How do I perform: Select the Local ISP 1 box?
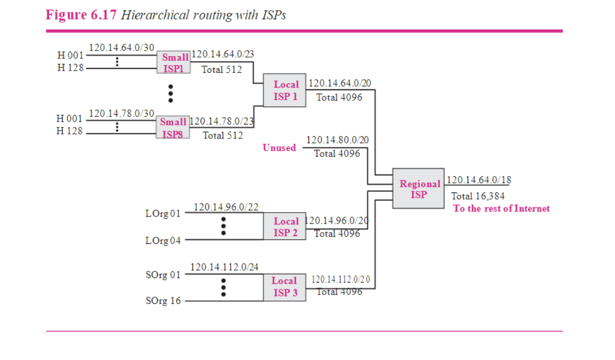click(285, 90)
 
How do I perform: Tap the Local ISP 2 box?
click(285, 227)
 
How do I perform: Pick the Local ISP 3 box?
click(285, 287)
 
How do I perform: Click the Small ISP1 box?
click(174, 63)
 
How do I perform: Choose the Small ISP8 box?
click(173, 128)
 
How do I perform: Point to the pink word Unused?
click(279, 148)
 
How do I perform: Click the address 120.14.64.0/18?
click(478, 181)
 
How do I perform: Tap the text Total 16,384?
click(478, 196)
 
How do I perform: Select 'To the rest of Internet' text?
click(501, 209)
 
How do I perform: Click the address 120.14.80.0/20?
click(337, 140)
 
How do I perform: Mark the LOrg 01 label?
click(163, 214)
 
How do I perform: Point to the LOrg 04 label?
click(163, 241)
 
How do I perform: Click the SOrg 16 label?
click(163, 301)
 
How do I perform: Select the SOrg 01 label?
click(163, 275)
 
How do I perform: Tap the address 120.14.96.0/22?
click(226, 207)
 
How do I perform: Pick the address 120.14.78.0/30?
click(122, 113)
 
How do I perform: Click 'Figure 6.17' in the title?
click(81, 15)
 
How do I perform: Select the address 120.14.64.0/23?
click(223, 54)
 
